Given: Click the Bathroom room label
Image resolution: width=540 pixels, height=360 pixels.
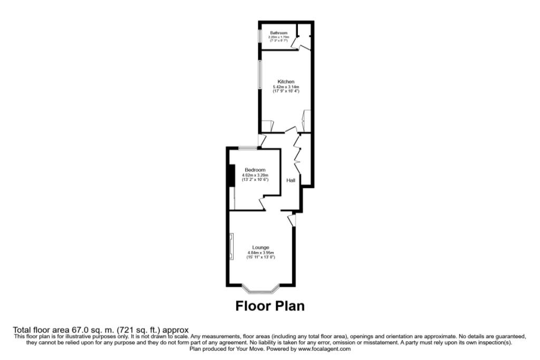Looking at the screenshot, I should click(278, 33).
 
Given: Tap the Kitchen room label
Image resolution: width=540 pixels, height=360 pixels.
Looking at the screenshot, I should click(286, 82).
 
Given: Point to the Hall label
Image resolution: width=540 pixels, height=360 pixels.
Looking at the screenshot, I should click(291, 180).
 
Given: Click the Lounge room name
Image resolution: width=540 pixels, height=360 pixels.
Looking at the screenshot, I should click(261, 247).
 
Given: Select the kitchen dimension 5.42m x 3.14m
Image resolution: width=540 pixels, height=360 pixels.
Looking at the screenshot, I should click(286, 87).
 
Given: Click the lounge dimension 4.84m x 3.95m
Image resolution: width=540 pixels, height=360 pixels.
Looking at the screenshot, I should click(261, 252).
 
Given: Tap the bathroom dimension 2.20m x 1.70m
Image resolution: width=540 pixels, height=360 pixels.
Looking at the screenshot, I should click(278, 37).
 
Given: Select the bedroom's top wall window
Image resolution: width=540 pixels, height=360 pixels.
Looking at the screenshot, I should click(247, 148).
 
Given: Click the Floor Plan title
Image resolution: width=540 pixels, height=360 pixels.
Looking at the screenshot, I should click(269, 306).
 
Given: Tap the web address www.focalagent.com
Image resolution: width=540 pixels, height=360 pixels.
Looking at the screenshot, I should click(324, 349).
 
